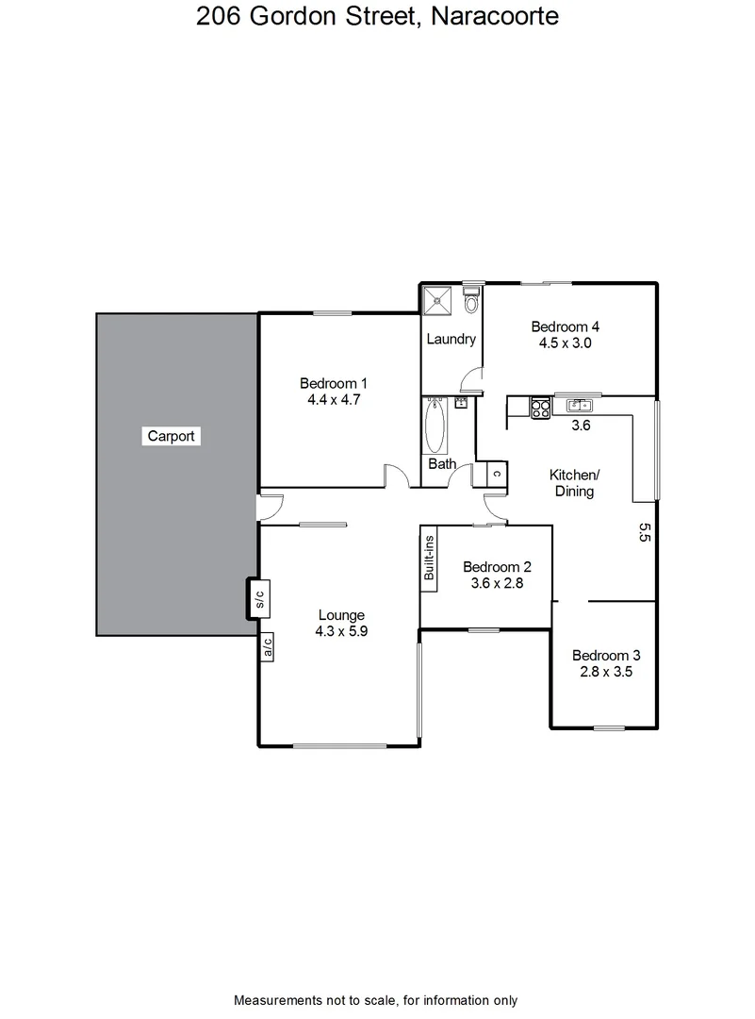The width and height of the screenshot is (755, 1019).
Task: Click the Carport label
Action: click(x=172, y=436)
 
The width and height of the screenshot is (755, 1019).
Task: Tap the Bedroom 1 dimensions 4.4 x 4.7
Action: click(x=333, y=399)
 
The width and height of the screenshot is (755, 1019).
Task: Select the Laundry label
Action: click(x=451, y=340)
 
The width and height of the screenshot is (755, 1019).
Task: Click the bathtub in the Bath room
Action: click(x=435, y=426)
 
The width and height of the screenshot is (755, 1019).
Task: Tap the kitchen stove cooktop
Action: click(x=541, y=408)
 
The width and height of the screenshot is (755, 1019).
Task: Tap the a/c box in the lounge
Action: click(x=267, y=646)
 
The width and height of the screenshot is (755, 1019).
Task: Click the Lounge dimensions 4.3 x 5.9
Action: click(x=341, y=632)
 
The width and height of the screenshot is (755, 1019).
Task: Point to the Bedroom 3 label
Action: click(x=607, y=656)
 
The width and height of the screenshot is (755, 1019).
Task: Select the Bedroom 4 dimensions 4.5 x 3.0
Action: click(x=565, y=343)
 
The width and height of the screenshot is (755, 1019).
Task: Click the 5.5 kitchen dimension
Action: click(x=645, y=534)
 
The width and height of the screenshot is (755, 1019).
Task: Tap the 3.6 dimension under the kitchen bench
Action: click(x=582, y=426)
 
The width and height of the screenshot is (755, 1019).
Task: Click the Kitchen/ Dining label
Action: click(x=574, y=483)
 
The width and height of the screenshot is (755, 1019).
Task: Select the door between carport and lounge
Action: click(x=270, y=507)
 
